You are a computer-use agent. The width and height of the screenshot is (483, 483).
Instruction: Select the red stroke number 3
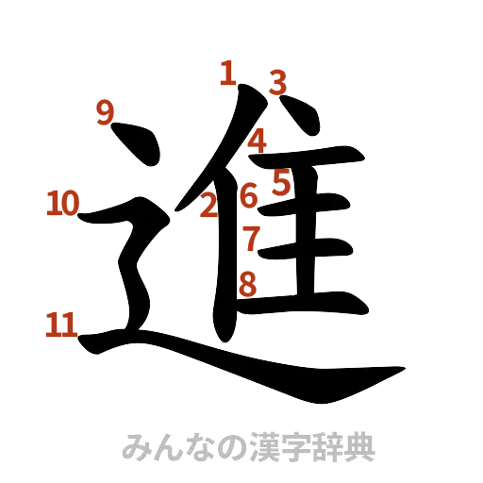pyautogui.click(x=275, y=82)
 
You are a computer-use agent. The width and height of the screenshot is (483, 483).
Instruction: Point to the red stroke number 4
pyautogui.click(x=259, y=141)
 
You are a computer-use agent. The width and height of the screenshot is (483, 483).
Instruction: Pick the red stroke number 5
pyautogui.click(x=280, y=181)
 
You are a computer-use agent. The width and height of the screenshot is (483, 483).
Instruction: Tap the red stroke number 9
pyautogui.click(x=105, y=113)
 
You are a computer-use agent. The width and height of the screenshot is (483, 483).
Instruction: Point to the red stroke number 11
pyautogui.click(x=61, y=325)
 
